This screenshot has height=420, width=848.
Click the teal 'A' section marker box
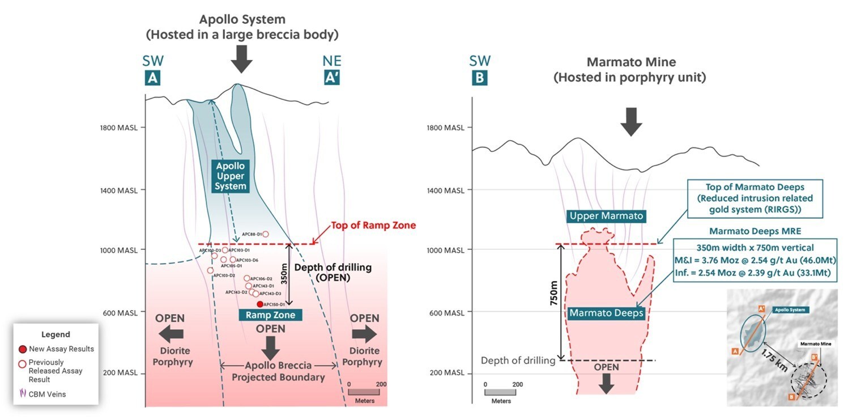(152, 79)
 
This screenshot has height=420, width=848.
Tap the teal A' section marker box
(331, 79)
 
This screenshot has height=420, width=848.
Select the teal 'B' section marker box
(479, 79)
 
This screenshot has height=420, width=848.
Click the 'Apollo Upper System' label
(231, 176)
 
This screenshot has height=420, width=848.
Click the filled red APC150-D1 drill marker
(260, 304)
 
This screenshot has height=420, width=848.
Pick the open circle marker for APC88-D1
(265, 234)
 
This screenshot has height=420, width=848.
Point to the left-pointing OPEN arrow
(170, 334)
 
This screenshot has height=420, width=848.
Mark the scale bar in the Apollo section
(364, 392)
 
